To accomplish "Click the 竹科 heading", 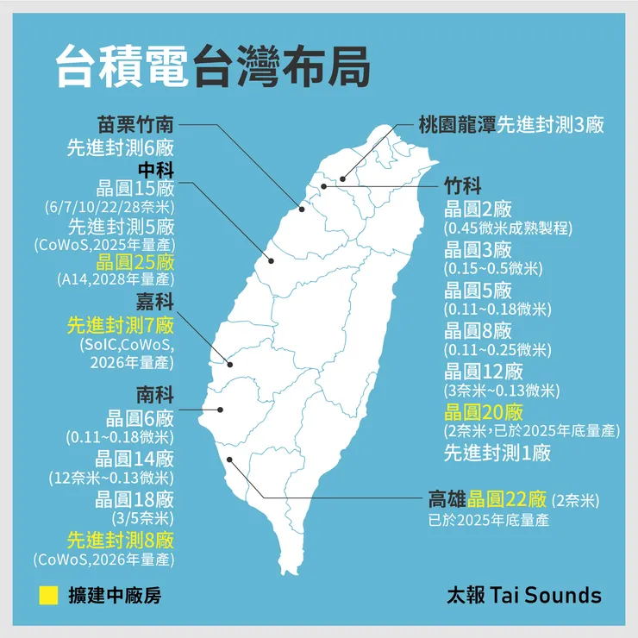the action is point(463,186).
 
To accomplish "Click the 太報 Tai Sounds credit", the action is point(523,595).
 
